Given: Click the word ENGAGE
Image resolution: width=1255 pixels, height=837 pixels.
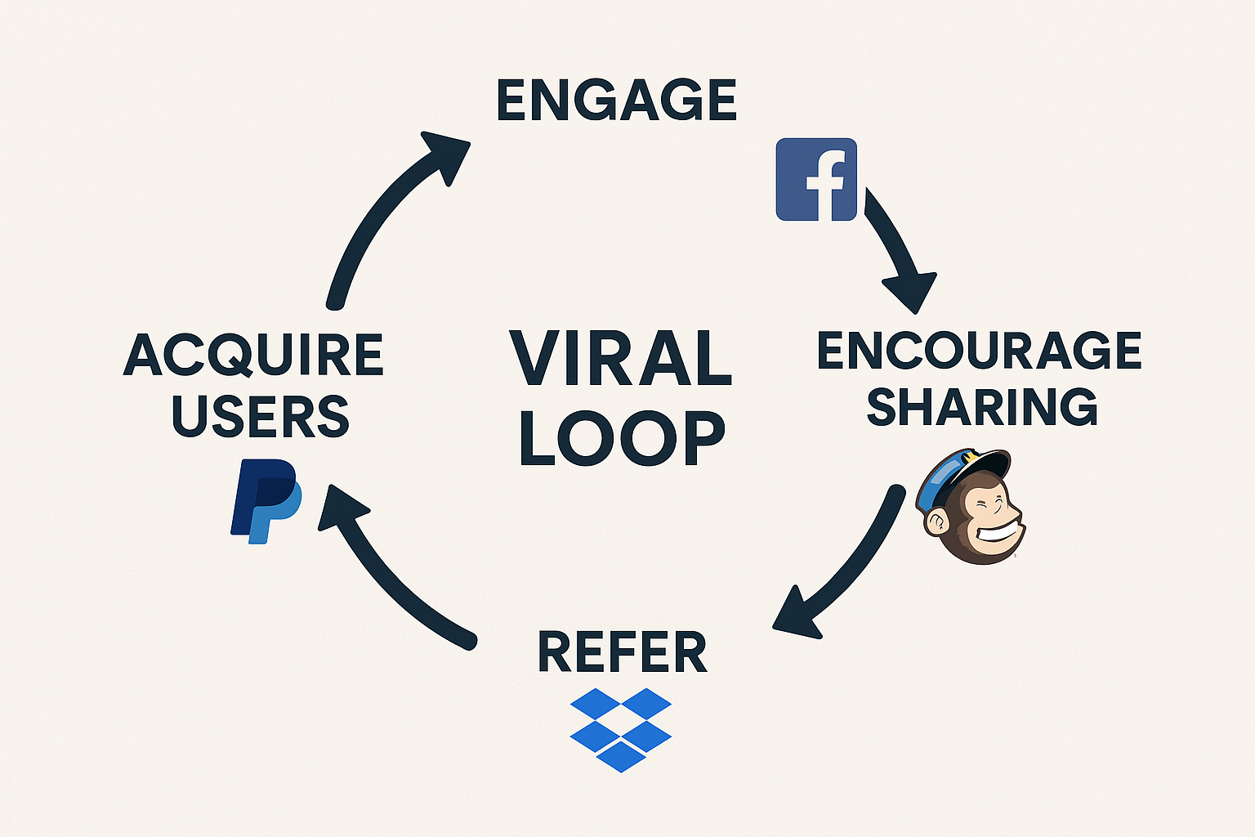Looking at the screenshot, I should [x=617, y=101].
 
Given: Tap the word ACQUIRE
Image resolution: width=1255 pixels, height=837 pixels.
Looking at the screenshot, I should [x=253, y=356].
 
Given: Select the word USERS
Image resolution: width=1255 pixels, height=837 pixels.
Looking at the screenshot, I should [x=261, y=415].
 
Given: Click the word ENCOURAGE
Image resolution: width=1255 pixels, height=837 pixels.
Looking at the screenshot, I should [x=979, y=351].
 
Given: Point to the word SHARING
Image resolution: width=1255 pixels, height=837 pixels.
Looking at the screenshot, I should [x=982, y=406].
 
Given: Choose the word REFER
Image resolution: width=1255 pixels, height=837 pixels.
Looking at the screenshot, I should [x=623, y=653].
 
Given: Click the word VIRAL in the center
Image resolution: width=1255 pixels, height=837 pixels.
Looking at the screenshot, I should [x=621, y=360].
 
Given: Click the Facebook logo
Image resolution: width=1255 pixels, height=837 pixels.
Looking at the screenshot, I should [x=816, y=179].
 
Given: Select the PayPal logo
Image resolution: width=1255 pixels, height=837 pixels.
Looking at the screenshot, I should [x=266, y=501].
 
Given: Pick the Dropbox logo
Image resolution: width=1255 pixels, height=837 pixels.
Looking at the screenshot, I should [x=621, y=729].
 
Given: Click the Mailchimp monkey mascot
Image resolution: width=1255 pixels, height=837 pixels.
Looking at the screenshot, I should [x=972, y=507].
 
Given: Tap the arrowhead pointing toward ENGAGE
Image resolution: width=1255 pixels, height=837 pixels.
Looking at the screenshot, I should [x=446, y=157].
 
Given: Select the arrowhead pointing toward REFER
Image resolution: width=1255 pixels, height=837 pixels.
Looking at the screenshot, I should [x=797, y=613].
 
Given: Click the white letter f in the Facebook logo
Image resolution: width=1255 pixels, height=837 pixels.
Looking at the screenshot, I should [x=824, y=186].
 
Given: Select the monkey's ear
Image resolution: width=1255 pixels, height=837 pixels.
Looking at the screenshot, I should [x=936, y=521].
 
